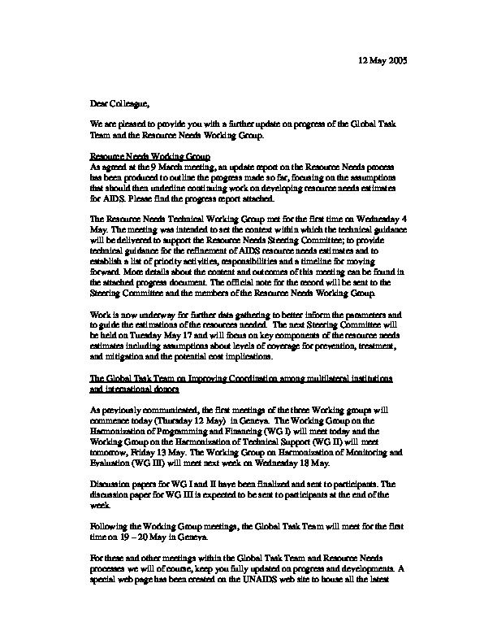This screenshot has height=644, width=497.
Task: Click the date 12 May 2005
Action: pos(384,62)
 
